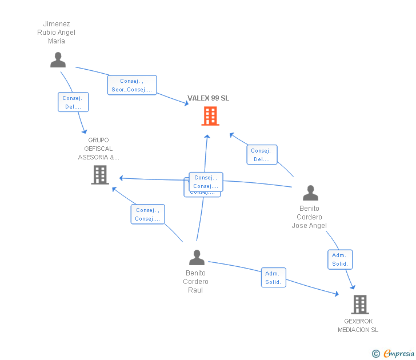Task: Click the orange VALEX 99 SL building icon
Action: [x=210, y=116]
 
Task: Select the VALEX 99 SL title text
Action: [x=209, y=98]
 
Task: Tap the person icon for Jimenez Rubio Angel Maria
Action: [x=58, y=59]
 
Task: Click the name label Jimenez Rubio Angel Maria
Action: [x=57, y=33]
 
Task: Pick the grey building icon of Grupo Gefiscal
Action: [x=100, y=175]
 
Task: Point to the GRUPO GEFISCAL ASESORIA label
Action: [x=99, y=149]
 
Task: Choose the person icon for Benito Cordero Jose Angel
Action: [x=310, y=193]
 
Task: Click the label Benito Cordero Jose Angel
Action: [x=309, y=217]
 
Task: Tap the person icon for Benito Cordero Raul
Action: [x=197, y=258]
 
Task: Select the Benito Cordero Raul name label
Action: [x=196, y=282]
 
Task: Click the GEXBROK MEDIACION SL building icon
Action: [x=359, y=305]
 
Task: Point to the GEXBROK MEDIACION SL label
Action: [x=358, y=326]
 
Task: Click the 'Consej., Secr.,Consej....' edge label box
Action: [x=132, y=85]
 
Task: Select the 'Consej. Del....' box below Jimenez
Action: [x=73, y=102]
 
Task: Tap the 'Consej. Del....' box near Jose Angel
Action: [x=262, y=155]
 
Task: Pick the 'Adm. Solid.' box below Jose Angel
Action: [x=340, y=259]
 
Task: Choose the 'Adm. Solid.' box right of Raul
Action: [x=273, y=278]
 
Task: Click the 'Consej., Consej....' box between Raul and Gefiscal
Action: [x=147, y=214]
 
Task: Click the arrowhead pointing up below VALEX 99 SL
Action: [x=207, y=136]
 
